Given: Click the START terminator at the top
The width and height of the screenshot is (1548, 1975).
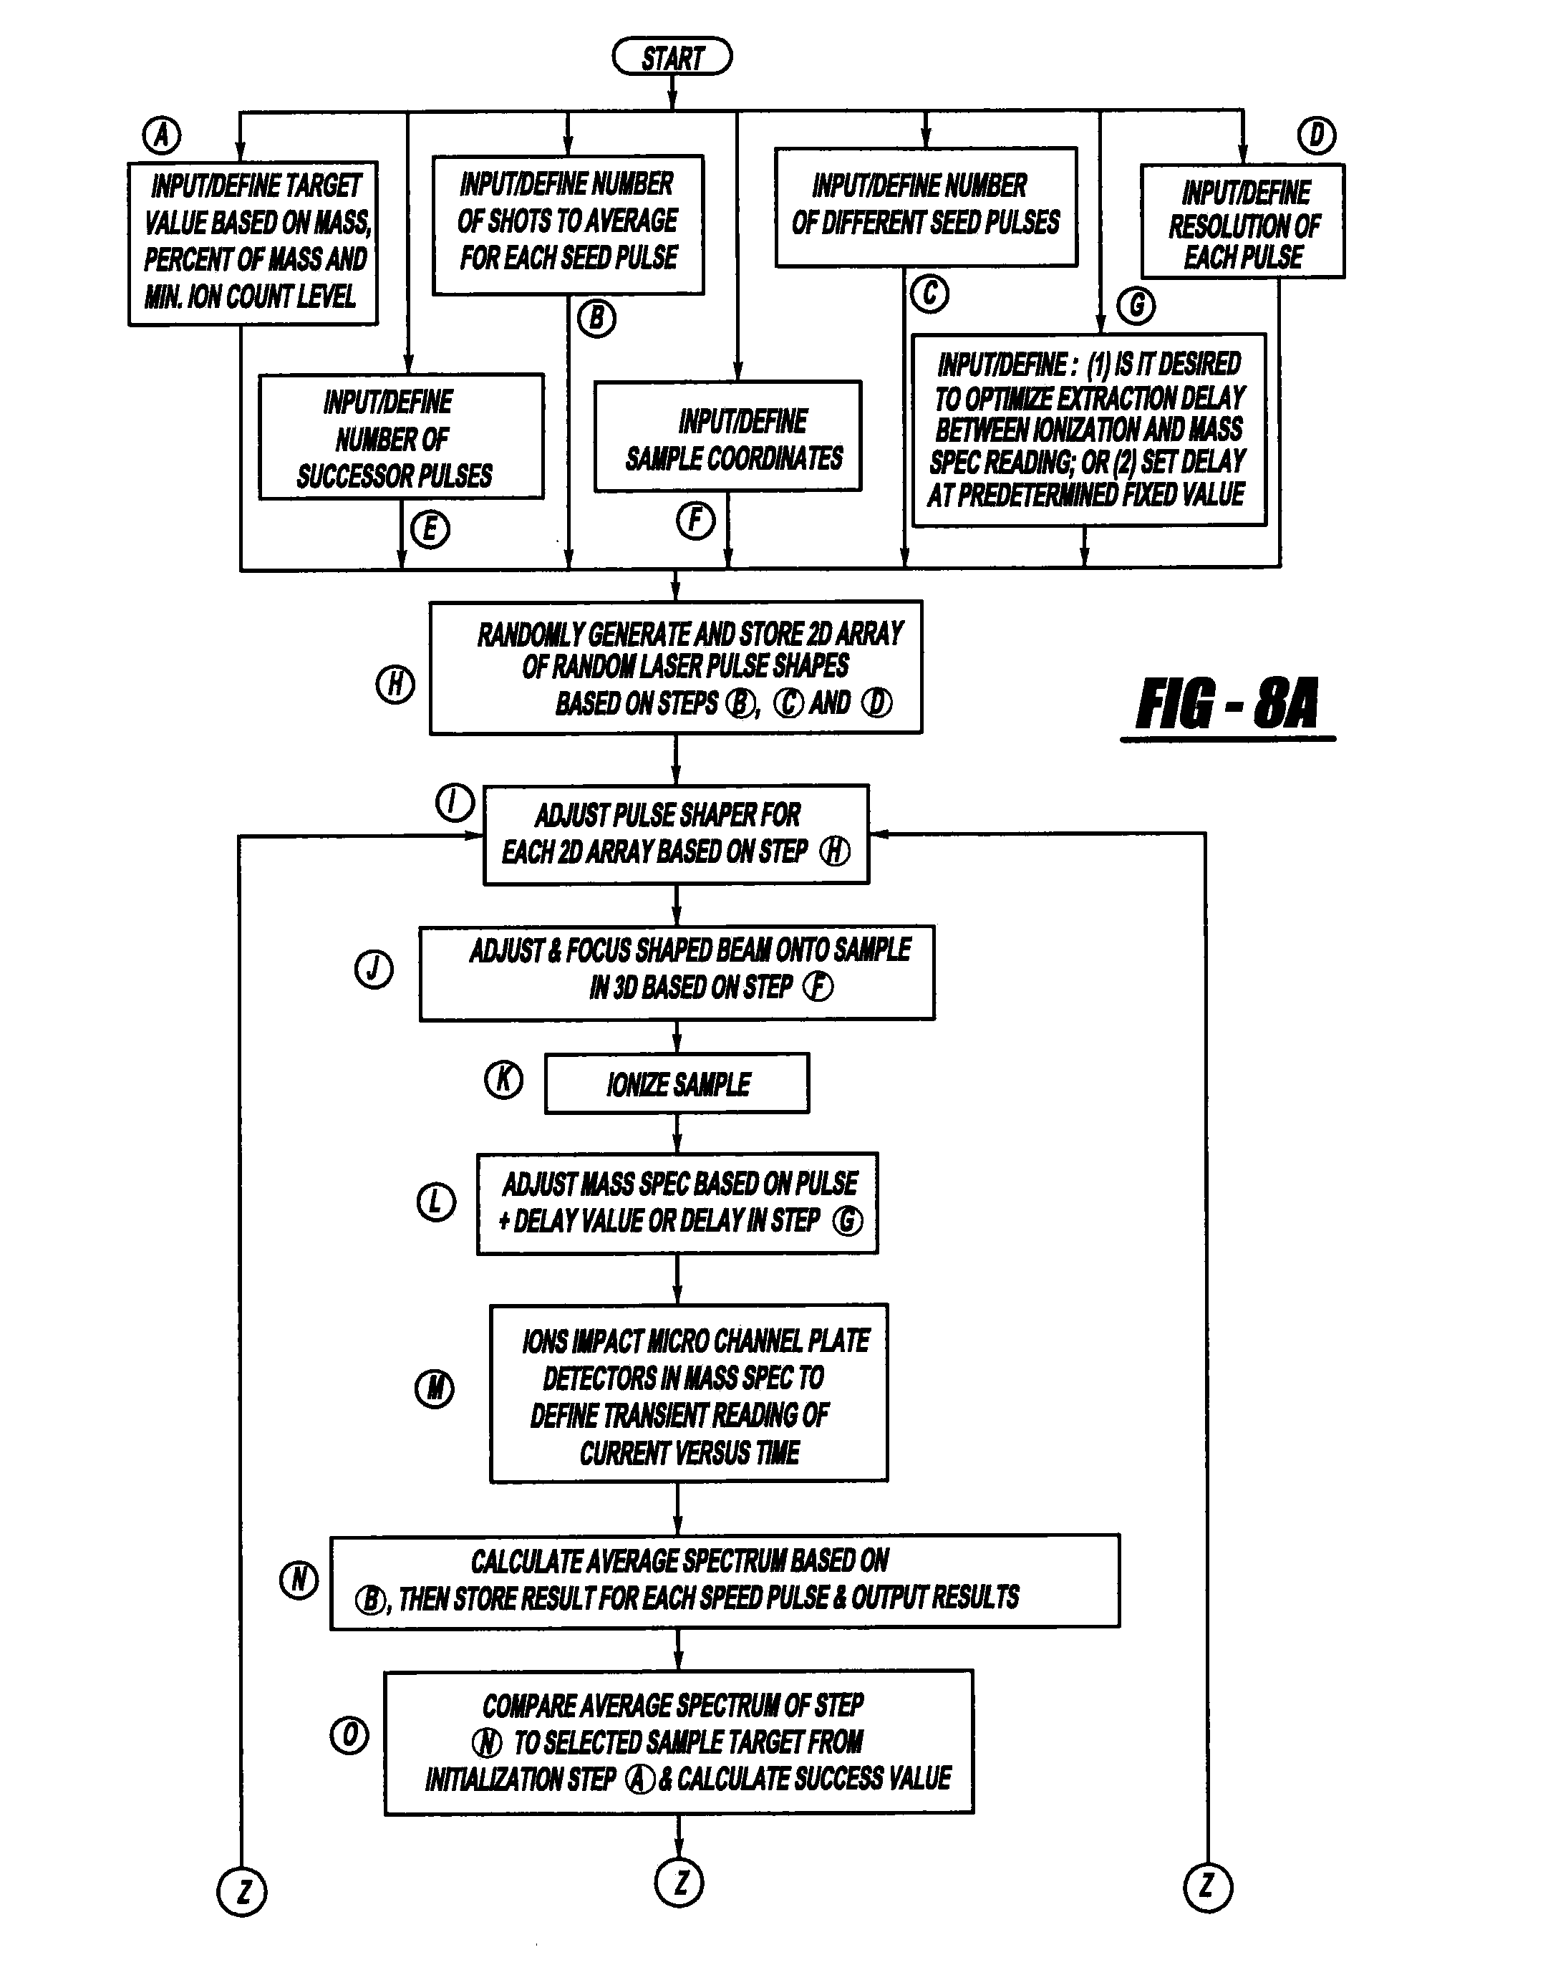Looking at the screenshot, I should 672,57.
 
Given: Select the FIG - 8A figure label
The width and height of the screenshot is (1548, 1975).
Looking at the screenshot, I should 1227,704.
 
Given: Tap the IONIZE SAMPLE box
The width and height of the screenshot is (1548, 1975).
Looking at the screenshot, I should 677,1083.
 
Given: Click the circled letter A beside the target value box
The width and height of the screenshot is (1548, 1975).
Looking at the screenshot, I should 163,135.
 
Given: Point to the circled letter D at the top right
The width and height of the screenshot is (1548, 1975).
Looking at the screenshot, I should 1316,135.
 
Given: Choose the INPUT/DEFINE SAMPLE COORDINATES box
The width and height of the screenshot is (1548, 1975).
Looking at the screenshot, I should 727,437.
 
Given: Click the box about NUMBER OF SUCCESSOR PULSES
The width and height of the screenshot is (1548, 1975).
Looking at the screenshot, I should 400,437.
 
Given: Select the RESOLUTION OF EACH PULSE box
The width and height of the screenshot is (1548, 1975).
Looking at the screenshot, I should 1242,221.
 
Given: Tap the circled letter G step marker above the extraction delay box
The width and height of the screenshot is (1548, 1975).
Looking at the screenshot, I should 1136,306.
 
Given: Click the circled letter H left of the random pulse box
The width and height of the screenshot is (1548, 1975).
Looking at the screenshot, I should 395,685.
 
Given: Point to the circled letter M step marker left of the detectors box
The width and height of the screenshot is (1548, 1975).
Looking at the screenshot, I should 434,1389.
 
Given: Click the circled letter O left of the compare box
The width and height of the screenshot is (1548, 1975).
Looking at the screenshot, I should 349,1736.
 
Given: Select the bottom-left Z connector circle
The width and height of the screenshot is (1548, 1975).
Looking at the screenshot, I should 242,1893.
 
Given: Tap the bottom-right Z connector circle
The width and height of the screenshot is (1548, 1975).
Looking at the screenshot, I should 1208,1887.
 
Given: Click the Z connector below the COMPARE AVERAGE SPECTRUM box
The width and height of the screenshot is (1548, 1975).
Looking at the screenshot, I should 679,1883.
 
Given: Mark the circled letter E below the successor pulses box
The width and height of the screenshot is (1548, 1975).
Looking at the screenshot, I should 430,529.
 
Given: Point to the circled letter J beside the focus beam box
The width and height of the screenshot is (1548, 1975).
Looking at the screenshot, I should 374,970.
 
